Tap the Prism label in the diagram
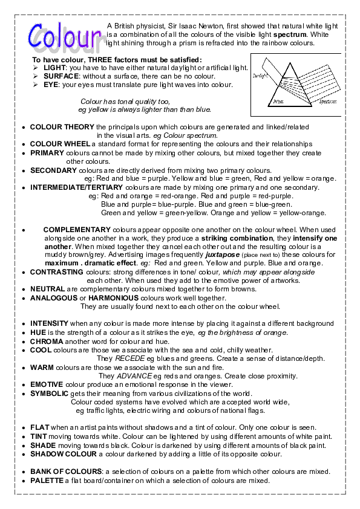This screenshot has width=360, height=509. [x=278, y=102]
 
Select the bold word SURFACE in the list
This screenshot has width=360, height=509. [x=62, y=77]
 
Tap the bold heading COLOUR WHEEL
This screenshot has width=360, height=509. [x=61, y=144]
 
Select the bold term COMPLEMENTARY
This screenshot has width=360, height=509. [x=77, y=230]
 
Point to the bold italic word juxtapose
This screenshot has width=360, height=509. [x=222, y=255]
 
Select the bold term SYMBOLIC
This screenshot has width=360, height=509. [x=49, y=393]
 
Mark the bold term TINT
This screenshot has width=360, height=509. [x=39, y=436]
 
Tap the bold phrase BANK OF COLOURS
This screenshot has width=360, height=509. [x=66, y=471]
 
